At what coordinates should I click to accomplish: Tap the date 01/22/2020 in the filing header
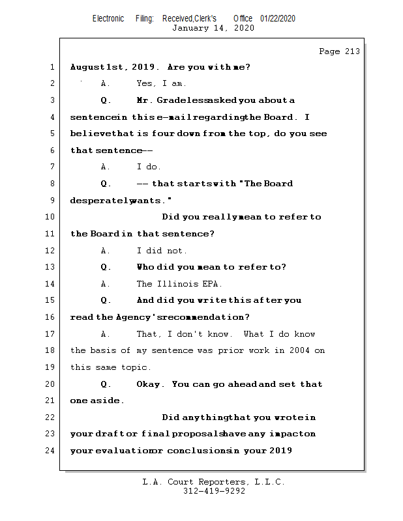click(x=278, y=19)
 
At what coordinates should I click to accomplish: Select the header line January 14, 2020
click(x=213, y=28)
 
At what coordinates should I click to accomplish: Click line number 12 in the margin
click(x=51, y=251)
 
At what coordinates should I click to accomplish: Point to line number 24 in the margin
click(x=51, y=451)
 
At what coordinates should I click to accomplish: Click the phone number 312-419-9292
click(x=214, y=491)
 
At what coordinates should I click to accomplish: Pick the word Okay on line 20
click(x=150, y=384)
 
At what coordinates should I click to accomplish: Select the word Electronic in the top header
click(x=108, y=19)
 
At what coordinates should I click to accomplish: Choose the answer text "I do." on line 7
click(x=149, y=167)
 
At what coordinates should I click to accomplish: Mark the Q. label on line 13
click(x=106, y=267)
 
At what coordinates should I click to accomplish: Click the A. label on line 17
click(x=105, y=334)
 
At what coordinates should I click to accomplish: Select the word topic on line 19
click(x=136, y=367)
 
